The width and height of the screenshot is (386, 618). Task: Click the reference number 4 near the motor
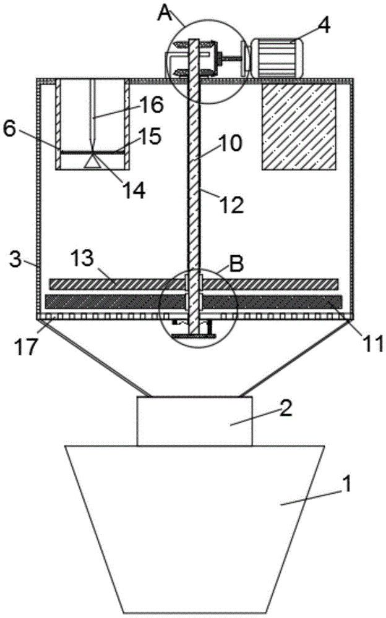[x=324, y=25]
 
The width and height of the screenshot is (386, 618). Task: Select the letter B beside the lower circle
[x=236, y=264]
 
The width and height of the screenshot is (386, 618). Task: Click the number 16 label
[x=151, y=105]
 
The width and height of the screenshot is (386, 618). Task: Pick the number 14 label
[x=134, y=190]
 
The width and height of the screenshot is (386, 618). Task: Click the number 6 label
[x=9, y=129]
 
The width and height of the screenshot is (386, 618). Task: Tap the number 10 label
[x=229, y=143]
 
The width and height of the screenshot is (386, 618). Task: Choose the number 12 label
[x=232, y=205]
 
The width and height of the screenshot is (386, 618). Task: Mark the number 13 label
[x=82, y=258]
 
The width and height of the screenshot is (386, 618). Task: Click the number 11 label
[x=373, y=343]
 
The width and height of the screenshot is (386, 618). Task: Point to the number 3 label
[x=15, y=260]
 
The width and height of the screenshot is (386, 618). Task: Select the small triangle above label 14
[x=92, y=162]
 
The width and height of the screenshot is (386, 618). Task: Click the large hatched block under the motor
[x=299, y=127]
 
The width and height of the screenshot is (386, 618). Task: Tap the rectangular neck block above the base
[x=194, y=421]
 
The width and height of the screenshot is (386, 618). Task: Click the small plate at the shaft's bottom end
[x=194, y=336]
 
